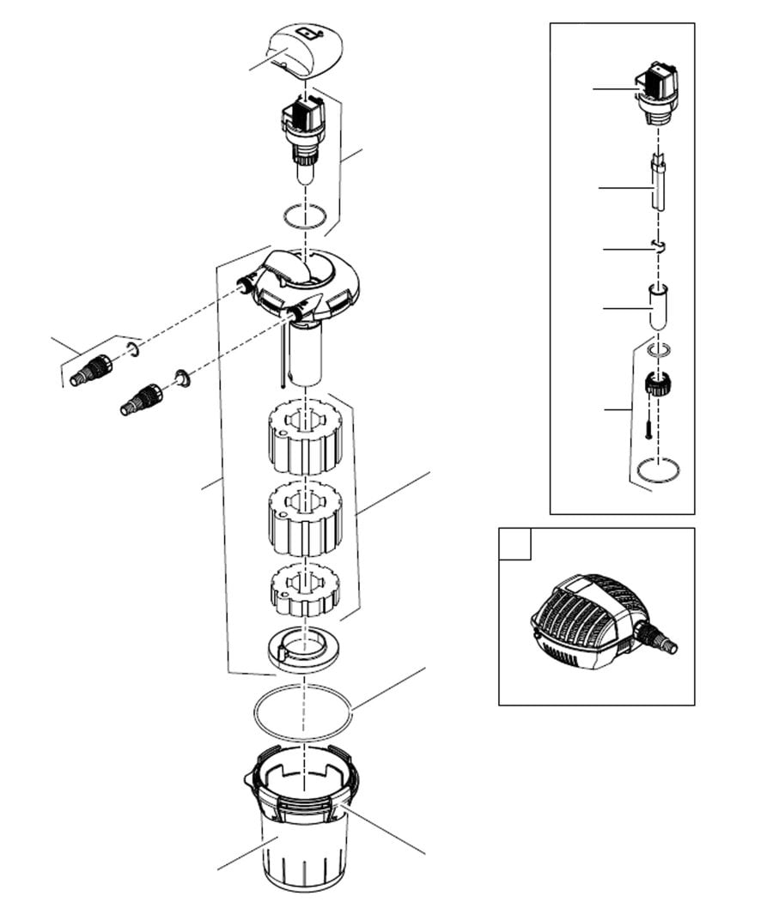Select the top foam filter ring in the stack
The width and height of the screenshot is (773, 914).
[307, 438]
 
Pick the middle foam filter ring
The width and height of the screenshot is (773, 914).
[306, 518]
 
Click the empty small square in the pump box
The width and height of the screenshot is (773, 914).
[516, 543]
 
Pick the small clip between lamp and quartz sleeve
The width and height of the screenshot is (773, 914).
[659, 247]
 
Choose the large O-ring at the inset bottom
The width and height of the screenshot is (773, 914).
[659, 469]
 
